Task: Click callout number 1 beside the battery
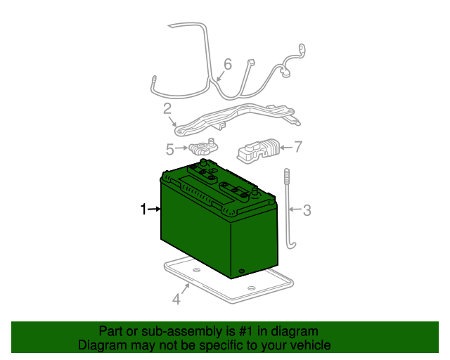coord(143,209)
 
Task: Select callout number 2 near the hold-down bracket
coord(167,109)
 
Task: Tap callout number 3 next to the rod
coord(307,210)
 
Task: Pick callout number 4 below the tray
coord(176,299)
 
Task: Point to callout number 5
coord(170,149)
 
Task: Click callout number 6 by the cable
coord(228,64)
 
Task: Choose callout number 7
coord(298,147)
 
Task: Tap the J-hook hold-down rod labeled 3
coord(288,210)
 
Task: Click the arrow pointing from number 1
coord(154,209)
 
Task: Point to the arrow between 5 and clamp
coord(181,148)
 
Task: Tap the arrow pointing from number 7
coord(286,148)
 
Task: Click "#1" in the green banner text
coord(247,332)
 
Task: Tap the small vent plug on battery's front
coord(241,271)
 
